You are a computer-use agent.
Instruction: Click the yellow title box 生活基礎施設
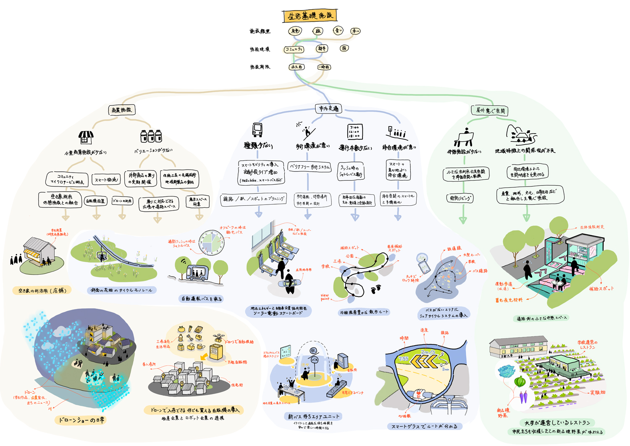point(310,16)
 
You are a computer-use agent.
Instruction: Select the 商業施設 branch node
point(121,110)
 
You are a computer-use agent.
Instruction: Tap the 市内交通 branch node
point(328,109)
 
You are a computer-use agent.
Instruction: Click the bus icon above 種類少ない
point(257,130)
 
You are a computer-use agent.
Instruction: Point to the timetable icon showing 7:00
point(354,131)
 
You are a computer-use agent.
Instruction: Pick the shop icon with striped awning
point(86,137)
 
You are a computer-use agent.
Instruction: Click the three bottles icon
point(151,136)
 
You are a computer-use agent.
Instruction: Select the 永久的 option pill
point(296,67)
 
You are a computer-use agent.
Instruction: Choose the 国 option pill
point(344,48)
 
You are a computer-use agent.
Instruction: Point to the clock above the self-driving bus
point(212,242)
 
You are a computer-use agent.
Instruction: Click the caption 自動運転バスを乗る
point(201,299)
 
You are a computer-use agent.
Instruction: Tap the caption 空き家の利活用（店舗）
point(42,290)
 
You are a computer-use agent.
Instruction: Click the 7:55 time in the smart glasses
point(403,359)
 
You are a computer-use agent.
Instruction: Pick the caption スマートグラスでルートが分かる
point(424,427)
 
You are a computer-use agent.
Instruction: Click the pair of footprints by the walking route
point(376,289)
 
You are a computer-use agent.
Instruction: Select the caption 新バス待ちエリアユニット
point(313,417)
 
